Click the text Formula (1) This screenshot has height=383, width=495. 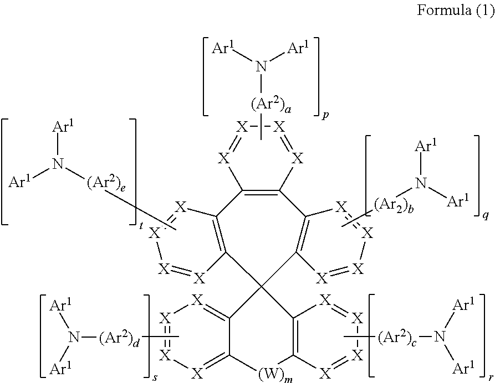click(455, 11)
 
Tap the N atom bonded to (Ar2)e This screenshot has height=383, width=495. click(56, 163)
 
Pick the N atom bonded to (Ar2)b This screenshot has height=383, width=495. click(422, 183)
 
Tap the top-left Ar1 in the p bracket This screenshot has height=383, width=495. click(224, 48)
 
